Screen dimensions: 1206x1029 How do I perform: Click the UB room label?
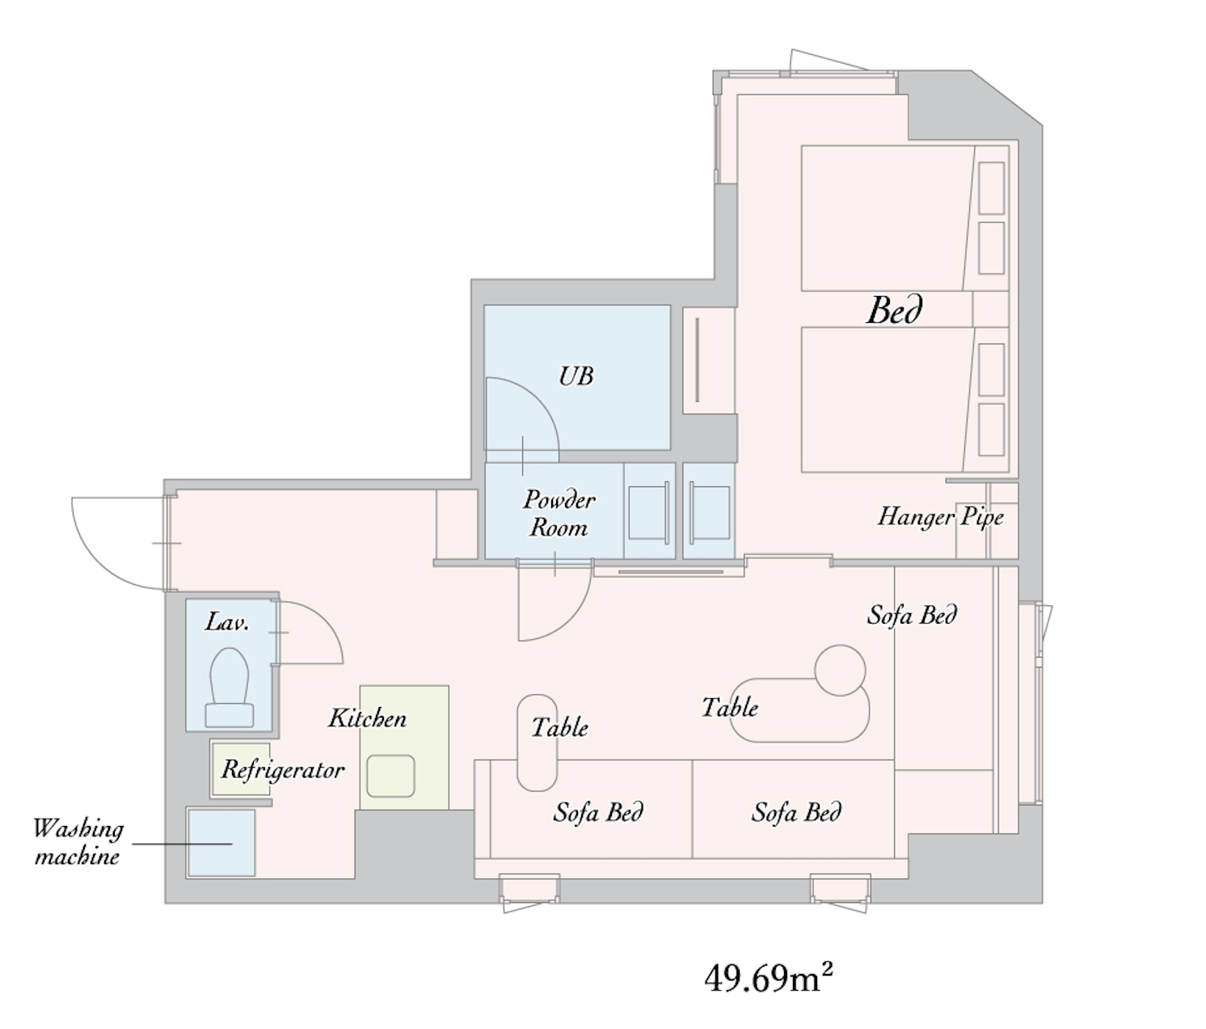click(x=576, y=376)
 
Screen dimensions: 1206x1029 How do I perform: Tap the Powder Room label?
click(x=559, y=514)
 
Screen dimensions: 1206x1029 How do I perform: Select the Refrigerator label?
click(x=283, y=770)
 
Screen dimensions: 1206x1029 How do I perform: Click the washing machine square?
click(x=221, y=843)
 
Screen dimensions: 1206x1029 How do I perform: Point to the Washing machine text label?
click(x=78, y=843)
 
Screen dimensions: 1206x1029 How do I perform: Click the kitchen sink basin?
click(x=391, y=776)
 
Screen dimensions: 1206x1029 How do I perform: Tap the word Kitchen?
click(x=368, y=718)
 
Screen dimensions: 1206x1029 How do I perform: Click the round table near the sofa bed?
click(x=840, y=671)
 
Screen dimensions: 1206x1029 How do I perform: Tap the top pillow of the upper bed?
click(x=991, y=188)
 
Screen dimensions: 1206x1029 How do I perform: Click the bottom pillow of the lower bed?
click(x=991, y=430)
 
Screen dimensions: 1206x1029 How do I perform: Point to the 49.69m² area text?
click(x=769, y=978)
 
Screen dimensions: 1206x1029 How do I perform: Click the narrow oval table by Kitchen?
click(x=537, y=743)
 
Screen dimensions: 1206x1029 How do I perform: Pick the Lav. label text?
click(x=228, y=622)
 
